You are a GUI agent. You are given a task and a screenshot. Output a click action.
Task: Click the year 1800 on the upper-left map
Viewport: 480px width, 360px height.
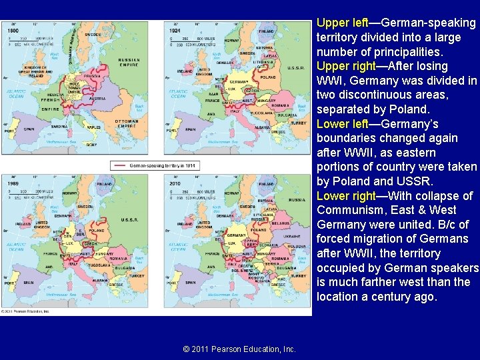pos(13,31)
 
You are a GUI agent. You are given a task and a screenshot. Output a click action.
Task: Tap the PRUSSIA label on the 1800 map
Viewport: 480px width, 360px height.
pos(93,75)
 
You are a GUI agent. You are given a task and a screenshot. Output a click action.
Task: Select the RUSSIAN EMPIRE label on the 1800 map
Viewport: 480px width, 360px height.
pos(128,63)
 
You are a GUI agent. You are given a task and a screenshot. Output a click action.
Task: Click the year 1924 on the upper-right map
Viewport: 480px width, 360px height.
pos(175,31)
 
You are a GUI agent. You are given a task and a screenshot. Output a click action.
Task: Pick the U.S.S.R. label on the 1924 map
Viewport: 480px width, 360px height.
pos(295,67)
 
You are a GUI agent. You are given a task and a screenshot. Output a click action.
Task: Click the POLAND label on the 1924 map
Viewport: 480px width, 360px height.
pos(267,77)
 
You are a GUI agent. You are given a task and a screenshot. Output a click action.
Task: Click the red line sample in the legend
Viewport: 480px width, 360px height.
pos(120,165)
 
